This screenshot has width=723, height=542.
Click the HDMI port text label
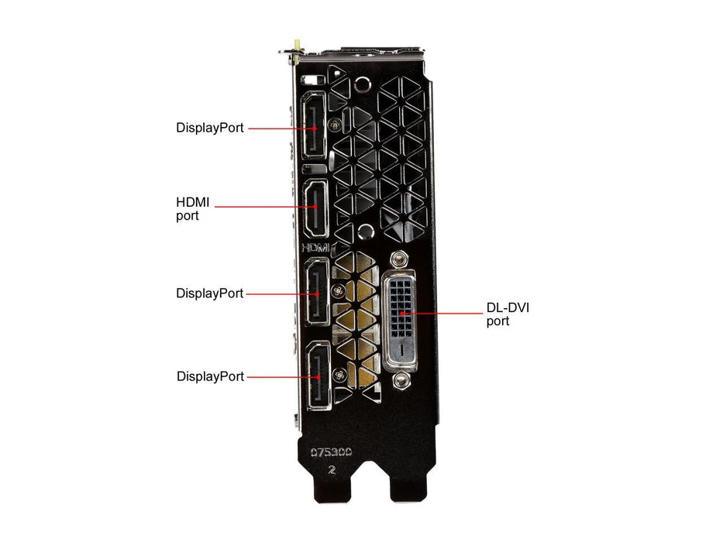click(x=193, y=209)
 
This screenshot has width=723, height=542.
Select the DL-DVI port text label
click(x=508, y=314)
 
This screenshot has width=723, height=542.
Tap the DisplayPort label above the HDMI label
click(x=209, y=128)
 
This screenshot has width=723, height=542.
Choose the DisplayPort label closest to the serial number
click(x=210, y=376)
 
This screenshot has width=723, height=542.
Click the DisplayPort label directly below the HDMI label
click(x=209, y=293)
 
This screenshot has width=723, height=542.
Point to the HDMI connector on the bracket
click(x=316, y=207)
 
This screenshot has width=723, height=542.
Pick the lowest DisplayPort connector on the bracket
click(x=316, y=376)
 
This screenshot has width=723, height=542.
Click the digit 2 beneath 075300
click(x=331, y=469)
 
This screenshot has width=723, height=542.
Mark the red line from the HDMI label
click(x=263, y=207)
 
